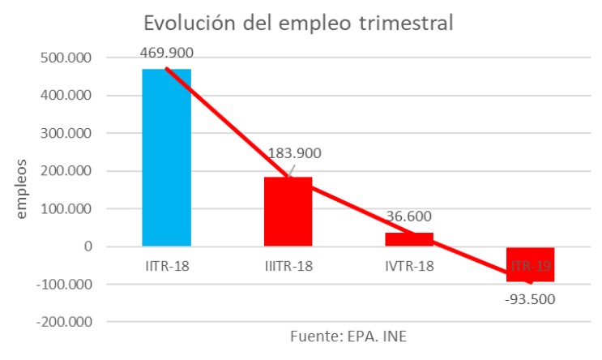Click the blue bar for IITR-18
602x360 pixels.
(x=167, y=157)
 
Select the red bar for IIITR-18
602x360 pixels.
(x=288, y=212)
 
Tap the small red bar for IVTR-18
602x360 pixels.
(x=409, y=239)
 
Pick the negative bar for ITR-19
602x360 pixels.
(x=531, y=264)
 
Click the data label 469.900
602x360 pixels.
(x=167, y=53)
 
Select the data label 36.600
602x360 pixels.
(x=408, y=216)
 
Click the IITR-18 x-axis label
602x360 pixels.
(x=167, y=266)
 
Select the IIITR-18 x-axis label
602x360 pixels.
(x=288, y=266)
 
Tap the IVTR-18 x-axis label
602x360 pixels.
(x=409, y=266)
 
